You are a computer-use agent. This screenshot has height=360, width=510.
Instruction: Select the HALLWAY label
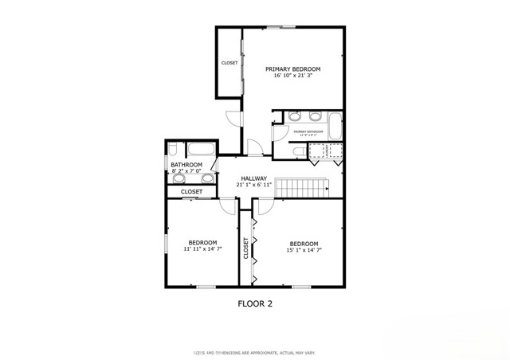pyautogui.click(x=254, y=178)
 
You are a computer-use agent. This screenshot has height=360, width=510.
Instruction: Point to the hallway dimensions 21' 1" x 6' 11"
pyautogui.click(x=254, y=185)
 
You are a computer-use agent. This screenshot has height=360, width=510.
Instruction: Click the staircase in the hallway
pyautogui.click(x=302, y=189)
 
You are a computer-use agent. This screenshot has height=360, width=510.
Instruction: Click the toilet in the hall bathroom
pyautogui.click(x=173, y=150)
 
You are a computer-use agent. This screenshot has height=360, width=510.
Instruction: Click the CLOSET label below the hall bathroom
pyautogui.click(x=191, y=191)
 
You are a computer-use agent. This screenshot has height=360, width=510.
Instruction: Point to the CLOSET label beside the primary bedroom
pyautogui.click(x=229, y=63)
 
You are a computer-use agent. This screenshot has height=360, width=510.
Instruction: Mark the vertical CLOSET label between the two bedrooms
pyautogui.click(x=246, y=249)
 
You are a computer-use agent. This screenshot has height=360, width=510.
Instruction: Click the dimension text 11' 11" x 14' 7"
pyautogui.click(x=202, y=249)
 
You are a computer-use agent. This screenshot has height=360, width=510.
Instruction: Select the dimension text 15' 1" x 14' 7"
pyautogui.click(x=304, y=249)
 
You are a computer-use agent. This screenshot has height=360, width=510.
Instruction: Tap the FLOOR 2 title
pyautogui.click(x=256, y=303)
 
